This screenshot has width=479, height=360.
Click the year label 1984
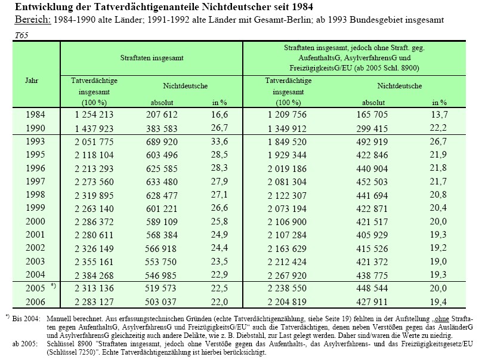pos(35,115)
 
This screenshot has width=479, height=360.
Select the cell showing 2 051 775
pos(94,142)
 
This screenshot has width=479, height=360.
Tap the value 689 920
pos(162,142)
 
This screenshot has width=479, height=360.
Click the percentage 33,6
pos(220,141)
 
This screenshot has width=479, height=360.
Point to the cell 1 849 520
pos(287,142)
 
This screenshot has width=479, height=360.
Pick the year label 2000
pos(35,221)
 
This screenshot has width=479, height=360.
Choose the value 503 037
pos(161,302)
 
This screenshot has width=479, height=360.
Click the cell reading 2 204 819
pos(287,302)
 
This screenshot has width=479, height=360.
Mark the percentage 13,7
pos(439,115)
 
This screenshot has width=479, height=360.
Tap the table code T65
pos(21,35)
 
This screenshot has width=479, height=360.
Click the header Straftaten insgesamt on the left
pos(152,58)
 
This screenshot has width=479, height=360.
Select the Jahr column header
pos(32,81)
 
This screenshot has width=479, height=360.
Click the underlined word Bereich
pos(33,20)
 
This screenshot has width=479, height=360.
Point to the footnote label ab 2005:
pos(25,344)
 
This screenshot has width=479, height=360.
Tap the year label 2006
pos(35,302)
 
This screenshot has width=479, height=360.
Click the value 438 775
pos(372,275)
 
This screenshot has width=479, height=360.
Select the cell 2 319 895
pos(94,195)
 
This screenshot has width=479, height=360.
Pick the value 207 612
pos(162,115)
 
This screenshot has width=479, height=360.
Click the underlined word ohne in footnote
pos(442,319)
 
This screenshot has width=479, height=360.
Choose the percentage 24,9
pos(220,235)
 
